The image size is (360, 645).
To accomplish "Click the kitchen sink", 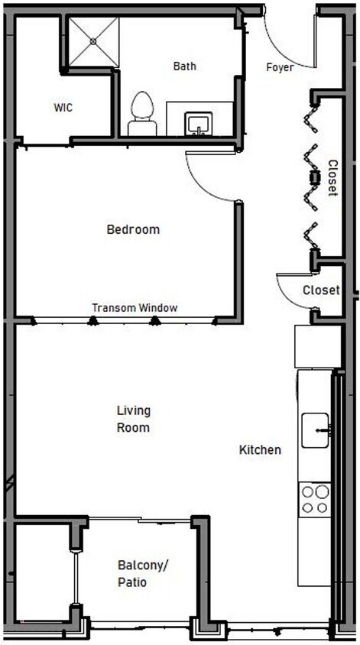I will coord(315,430).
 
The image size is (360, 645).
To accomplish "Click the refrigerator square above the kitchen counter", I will coord(316,346).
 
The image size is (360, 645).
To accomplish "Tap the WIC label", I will coord(63,108).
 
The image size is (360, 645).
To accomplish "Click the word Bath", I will coord(184,66).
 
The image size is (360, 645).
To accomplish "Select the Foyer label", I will coord(280,67).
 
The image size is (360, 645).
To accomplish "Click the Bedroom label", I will coord(133,229).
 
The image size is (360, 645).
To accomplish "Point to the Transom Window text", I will coord(135,308).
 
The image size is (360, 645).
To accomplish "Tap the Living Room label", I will coord(133,419).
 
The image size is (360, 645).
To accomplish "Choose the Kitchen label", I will coord(260,450).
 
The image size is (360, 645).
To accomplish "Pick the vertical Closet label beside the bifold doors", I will coord(332,177).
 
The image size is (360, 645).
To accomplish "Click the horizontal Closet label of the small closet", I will coord(321,290).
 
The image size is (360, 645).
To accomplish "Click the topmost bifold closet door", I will coord(312,115).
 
